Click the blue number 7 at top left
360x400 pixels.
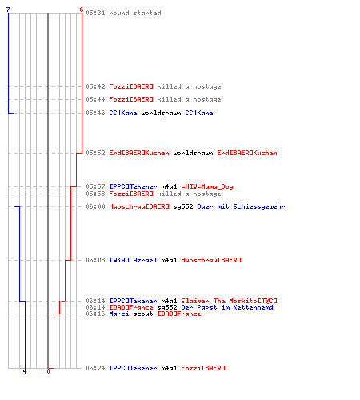[x=8, y=10]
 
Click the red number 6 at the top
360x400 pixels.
[x=82, y=10]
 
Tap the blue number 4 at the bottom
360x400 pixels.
[x=25, y=371]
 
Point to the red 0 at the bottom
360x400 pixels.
[x=48, y=371]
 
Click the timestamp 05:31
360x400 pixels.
[x=95, y=13]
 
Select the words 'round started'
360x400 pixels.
[x=135, y=13]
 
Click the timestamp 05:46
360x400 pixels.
[x=95, y=113]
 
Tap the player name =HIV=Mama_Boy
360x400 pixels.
[x=207, y=186]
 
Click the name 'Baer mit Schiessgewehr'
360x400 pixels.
[x=241, y=206]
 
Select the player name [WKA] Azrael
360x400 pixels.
[x=134, y=260]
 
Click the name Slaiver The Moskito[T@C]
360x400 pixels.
[x=230, y=301]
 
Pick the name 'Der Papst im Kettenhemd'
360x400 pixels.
[x=227, y=307]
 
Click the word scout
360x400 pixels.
[x=143, y=314]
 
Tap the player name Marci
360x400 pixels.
[x=119, y=314]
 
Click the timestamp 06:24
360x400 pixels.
[x=95, y=368]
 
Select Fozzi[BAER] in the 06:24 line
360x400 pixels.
[x=203, y=368]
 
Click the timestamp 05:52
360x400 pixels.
[x=95, y=153]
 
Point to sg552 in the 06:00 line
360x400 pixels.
[x=183, y=206]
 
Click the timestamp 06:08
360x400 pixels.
[x=95, y=260]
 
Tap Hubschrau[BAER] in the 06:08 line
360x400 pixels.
[x=211, y=260]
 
